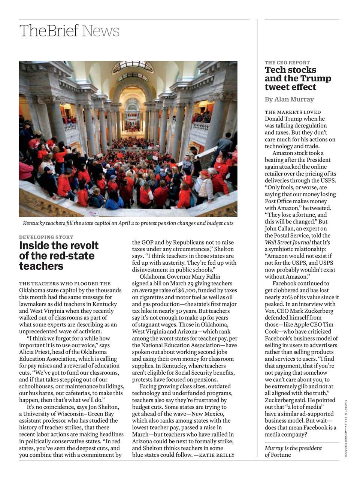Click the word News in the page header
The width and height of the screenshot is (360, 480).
click(100, 31)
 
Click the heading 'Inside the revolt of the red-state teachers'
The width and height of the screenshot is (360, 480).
click(59, 256)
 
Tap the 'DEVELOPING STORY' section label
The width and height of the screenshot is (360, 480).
click(46, 237)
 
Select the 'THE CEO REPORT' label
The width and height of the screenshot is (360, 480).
click(287, 63)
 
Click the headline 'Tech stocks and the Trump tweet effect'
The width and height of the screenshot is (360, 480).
click(298, 78)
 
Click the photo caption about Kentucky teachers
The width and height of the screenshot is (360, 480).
click(128, 223)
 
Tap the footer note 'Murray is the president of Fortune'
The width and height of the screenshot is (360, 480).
click(293, 451)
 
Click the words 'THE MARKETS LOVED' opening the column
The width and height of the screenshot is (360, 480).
click(293, 112)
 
